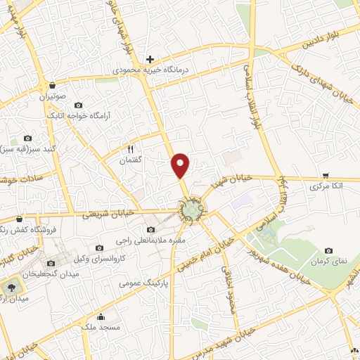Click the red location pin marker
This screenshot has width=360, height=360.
tap(181, 165)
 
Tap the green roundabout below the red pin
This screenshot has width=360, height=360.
tap(191, 210)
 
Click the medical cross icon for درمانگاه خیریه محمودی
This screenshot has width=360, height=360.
tap(150, 60)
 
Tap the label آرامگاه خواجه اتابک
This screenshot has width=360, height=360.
tap(75, 115)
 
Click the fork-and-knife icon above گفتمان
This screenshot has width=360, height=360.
tap(131, 149)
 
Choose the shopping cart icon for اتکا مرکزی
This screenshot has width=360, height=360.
tap(325, 176)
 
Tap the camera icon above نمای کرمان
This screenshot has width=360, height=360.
tap(328, 250)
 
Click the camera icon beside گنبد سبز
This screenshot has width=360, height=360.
tap(28, 139)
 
